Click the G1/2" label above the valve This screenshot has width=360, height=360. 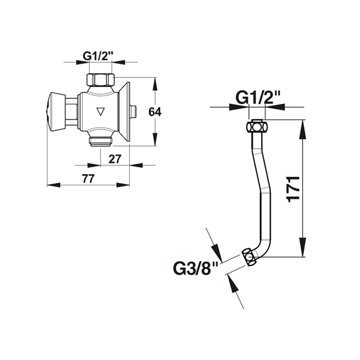(98, 55)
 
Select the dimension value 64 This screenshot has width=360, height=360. (154, 112)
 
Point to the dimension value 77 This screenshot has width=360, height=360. (86, 179)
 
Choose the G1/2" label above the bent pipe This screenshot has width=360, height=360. (258, 98)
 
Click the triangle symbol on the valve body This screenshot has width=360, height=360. (100, 112)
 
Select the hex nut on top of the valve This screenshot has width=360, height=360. (100, 79)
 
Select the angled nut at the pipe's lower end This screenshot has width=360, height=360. (249, 257)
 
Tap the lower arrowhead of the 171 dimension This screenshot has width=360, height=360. (302, 251)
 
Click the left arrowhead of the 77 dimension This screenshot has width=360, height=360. (52, 184)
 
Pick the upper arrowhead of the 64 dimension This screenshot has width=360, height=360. (154, 84)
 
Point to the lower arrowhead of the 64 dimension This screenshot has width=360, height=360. (154, 140)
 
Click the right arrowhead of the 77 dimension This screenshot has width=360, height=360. (124, 184)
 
